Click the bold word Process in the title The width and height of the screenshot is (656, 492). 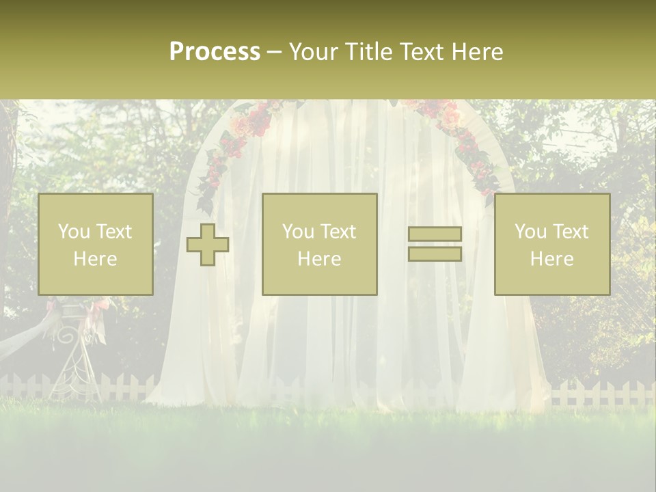tap(215, 52)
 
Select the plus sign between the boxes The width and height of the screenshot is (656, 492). tap(208, 245)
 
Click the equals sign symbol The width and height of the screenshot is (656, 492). tap(435, 244)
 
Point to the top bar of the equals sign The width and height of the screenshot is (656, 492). tap(435, 234)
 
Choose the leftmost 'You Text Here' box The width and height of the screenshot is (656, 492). tap(95, 244)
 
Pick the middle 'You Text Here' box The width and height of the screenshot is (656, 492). tap(319, 244)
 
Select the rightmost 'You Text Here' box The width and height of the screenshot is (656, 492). tap(551, 244)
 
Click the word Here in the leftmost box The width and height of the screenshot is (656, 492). tap(95, 259)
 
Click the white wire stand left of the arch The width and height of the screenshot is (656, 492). tap(72, 355)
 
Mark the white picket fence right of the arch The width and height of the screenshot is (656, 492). tap(601, 393)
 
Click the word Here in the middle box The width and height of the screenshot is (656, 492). tap(319, 259)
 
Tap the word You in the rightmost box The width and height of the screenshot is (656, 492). tap(530, 232)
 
